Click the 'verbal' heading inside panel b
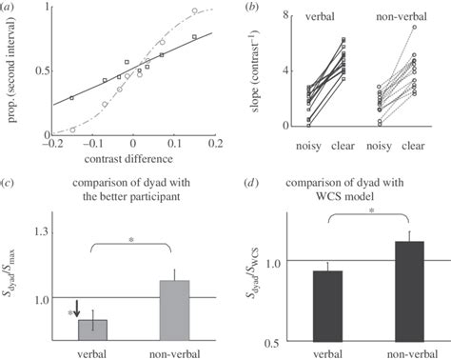click(x=324, y=16)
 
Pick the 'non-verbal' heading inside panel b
click(x=401, y=16)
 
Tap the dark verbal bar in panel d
click(x=327, y=306)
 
